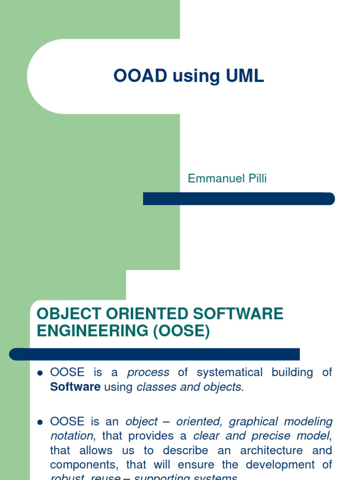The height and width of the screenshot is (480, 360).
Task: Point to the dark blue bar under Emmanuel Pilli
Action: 239,199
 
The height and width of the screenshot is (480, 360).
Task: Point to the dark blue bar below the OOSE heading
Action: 155,354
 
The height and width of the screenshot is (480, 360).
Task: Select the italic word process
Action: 148,373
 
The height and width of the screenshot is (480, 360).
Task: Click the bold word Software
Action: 75,388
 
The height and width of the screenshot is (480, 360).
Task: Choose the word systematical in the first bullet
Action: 229,373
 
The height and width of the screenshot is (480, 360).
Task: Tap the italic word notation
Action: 72,436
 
